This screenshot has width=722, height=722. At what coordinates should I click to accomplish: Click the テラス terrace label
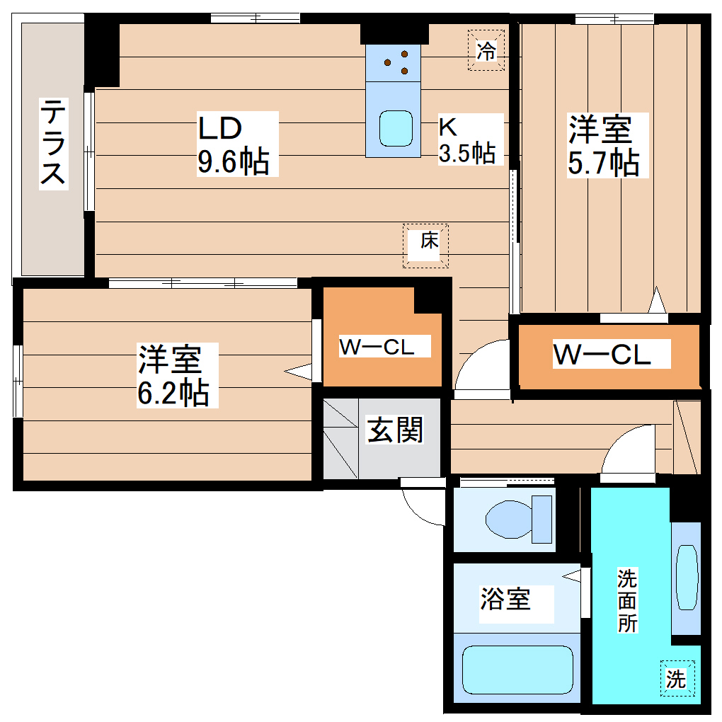[x=53, y=143]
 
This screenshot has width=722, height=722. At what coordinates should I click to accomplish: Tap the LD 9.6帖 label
[x=233, y=145]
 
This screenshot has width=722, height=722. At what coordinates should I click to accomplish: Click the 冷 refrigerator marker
[x=486, y=50]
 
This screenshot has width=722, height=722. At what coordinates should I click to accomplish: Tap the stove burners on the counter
[x=397, y=62]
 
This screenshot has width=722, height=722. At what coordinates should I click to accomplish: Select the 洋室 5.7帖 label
[x=603, y=145]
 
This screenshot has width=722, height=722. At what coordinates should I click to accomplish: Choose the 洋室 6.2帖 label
[x=173, y=375]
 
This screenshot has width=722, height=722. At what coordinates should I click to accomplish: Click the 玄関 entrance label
[x=394, y=429]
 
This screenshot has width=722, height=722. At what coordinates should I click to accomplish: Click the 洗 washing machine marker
[x=676, y=680]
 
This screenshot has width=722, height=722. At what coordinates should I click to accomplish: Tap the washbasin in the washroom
[x=686, y=577]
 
